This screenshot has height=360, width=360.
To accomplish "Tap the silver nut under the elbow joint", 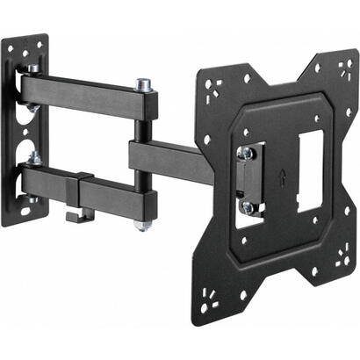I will click(x=141, y=225).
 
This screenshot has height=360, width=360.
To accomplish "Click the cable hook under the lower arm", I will click(x=78, y=213).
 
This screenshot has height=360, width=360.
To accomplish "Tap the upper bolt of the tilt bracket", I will click(x=248, y=151).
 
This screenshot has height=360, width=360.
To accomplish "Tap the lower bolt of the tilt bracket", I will click(x=248, y=207).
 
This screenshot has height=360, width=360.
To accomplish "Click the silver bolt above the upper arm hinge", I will click(x=32, y=68).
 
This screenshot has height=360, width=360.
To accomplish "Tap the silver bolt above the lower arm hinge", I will click(x=33, y=157).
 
